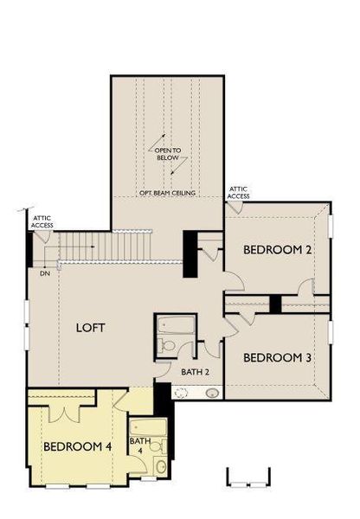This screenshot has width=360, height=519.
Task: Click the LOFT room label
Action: point(92,328)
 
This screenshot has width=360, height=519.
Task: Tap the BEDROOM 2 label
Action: point(277,250)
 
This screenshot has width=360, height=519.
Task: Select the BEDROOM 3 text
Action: point(277,357)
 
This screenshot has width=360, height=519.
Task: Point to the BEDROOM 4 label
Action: point(78,447)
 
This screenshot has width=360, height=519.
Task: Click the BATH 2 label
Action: point(195,372)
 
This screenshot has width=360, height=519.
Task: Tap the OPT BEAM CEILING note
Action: point(168,193)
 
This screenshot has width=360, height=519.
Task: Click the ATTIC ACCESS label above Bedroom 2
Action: point(239,192)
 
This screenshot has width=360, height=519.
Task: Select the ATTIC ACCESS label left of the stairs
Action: point(42,222)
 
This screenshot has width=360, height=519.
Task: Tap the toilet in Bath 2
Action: point(169,346)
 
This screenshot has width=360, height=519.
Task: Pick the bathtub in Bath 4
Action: point(141,428)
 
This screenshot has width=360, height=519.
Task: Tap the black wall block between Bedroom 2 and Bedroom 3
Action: point(275,304)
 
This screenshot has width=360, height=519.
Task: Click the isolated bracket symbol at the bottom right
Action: point(248,477)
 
